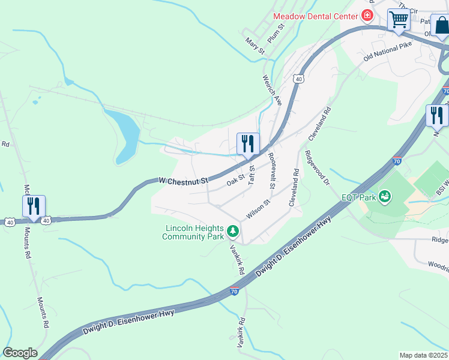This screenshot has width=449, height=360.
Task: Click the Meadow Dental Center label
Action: coord(315,16)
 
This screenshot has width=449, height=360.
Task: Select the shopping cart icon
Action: coord(398,20)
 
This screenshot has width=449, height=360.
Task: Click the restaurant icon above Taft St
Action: coord(248,144)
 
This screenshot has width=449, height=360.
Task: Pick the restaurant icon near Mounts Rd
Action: coord(34,206)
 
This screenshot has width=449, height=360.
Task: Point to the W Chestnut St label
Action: coord(183,180)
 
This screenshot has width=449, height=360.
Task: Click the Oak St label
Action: coord(235,179)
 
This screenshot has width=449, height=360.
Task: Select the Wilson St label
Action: coord(258,209)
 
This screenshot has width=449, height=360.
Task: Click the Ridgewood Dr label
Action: coord(317,167)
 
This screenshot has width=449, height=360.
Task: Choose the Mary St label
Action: coord(255,46)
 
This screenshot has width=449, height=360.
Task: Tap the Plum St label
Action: coord(275,35)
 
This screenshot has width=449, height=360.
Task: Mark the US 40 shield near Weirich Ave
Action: coord(298,79)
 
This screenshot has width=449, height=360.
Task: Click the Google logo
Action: coord(20,353)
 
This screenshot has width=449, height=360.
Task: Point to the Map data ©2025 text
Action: coord(424,355)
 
